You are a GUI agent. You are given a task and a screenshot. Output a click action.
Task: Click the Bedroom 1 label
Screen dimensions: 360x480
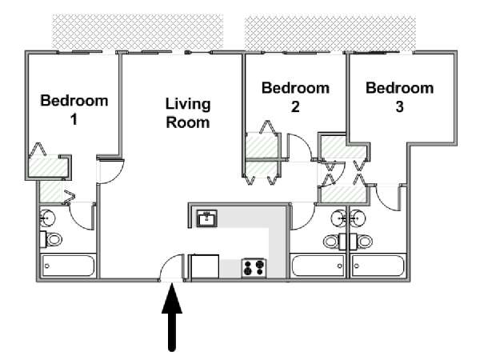pos(74,110)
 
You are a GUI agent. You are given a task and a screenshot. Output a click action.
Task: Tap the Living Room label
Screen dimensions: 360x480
pos(187,113)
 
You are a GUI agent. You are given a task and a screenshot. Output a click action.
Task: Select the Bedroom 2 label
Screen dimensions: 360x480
pos(295,96)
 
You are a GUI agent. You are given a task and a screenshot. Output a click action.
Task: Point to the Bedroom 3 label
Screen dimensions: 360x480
pos(399,96)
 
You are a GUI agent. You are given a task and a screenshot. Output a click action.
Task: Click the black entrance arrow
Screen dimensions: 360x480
pos(172,316)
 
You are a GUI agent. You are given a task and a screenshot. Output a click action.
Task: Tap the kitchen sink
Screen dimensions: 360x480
pos(208,218)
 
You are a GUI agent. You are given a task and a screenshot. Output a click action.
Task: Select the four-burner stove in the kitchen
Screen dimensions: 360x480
pos(254,267)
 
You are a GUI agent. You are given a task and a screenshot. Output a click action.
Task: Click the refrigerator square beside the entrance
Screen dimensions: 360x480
pos(205,266)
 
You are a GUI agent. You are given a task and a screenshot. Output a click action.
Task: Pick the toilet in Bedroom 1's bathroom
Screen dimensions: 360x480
pos(54,239)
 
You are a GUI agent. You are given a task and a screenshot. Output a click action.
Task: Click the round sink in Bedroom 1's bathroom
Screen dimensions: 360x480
pos(49,217)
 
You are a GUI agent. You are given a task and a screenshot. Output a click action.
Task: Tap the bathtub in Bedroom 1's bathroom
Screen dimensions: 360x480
pos(68,266)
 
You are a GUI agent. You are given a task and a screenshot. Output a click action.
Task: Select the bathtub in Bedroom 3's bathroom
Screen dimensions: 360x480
pos(379,266)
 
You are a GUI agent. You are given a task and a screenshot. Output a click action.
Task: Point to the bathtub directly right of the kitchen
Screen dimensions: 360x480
pos(317,266)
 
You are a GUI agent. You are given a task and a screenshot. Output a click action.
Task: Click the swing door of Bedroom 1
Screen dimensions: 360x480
pos(111,170)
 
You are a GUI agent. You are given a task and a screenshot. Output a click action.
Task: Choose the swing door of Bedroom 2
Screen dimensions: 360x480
pos(298,148)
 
